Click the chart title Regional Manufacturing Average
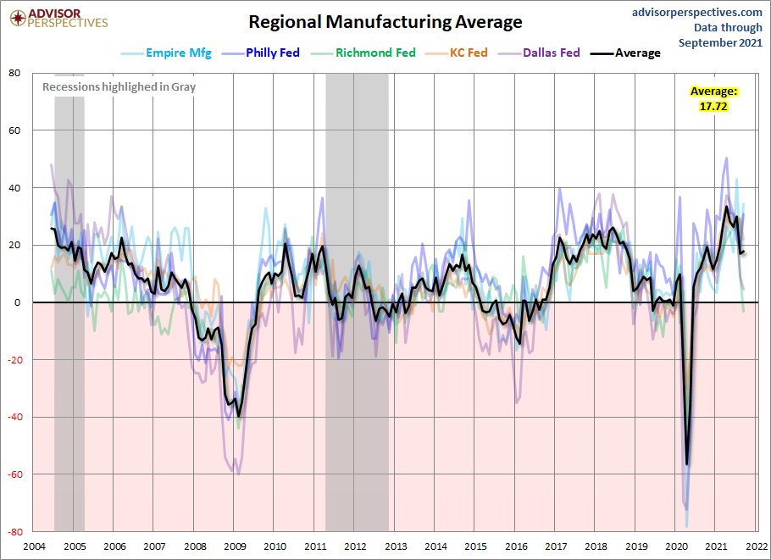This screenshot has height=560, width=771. (x=385, y=22)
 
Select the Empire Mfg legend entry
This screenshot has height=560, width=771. (x=166, y=53)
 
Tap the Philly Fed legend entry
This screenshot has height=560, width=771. (x=261, y=53)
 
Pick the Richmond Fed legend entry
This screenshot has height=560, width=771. (x=363, y=53)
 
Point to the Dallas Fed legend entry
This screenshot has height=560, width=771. (x=539, y=53)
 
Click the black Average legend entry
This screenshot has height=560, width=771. (x=625, y=53)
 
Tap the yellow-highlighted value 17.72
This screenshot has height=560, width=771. (x=713, y=106)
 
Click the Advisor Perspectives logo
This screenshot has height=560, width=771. (x=58, y=19)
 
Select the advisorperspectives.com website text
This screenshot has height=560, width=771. (x=696, y=13)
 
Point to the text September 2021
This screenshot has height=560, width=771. (x=720, y=42)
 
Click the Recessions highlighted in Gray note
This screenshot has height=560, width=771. (x=119, y=87)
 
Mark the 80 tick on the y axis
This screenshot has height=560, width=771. (x=14, y=73)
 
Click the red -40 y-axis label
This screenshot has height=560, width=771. (x=14, y=417)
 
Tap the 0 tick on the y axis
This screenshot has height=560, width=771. (x=18, y=302)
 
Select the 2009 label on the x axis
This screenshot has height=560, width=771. (x=235, y=546)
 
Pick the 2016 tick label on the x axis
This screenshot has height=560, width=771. (x=516, y=546)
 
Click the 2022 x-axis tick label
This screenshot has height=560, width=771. (x=757, y=546)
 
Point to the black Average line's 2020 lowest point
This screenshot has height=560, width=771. (x=686, y=463)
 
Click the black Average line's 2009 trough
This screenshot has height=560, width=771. (x=239, y=417)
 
